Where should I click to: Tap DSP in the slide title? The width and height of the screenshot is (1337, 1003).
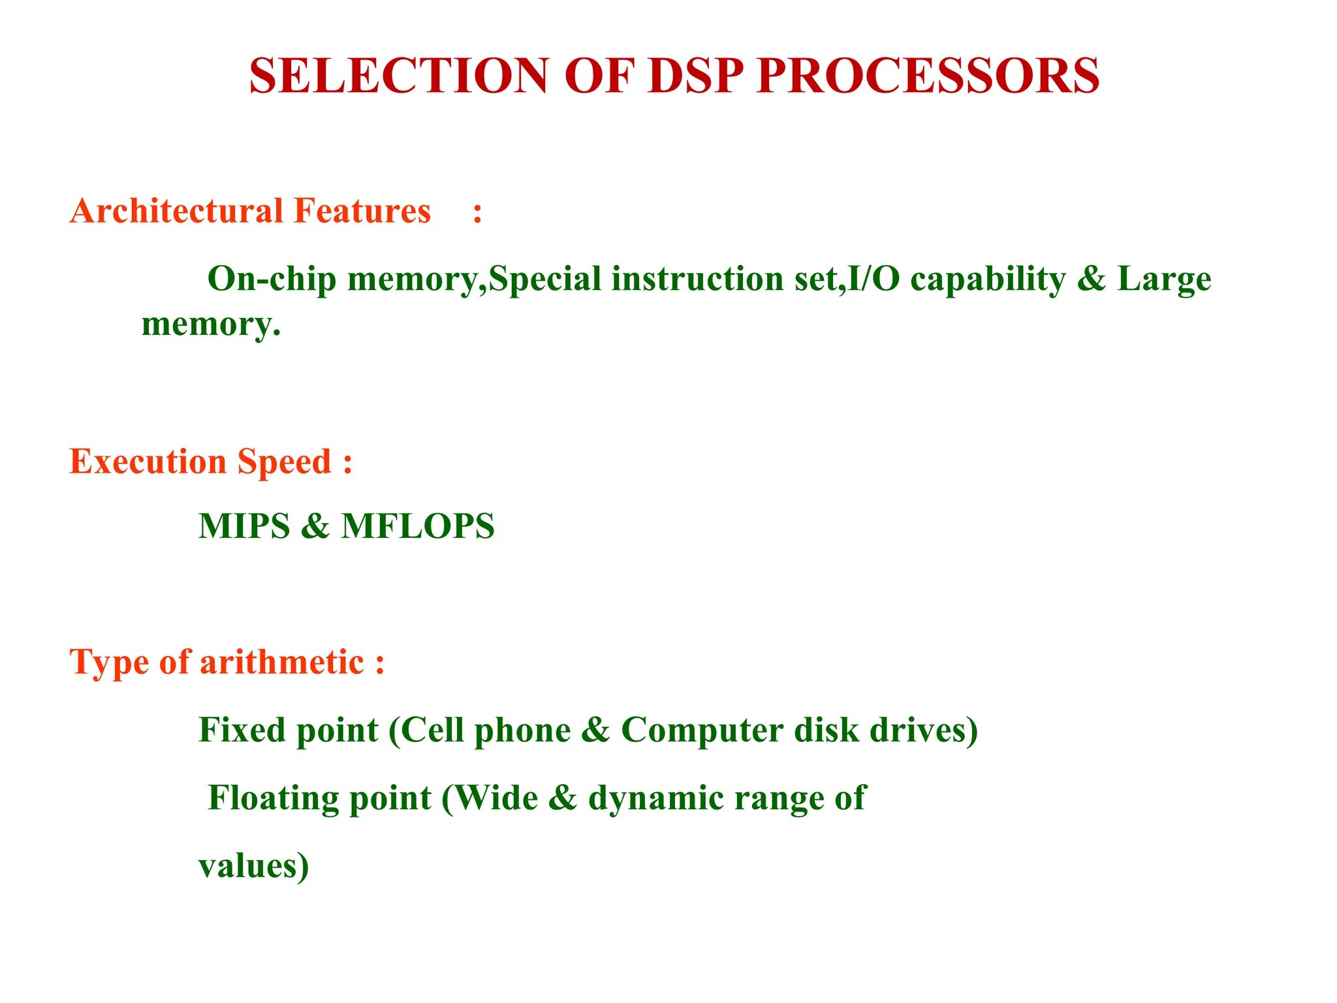pos(695,76)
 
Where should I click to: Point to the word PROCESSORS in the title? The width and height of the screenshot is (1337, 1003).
pos(928,76)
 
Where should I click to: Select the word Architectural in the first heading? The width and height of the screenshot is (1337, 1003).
pos(177,212)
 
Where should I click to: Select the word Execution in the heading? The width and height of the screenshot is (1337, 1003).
pos(148,462)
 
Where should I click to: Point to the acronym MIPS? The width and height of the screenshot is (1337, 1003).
pos(244,526)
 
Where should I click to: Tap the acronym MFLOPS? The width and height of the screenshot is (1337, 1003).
pos(418,526)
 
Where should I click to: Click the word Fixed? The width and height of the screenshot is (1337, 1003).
pos(242,730)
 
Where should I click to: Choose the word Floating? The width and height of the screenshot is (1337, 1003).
pos(274,798)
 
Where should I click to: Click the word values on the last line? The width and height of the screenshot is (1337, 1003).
pos(247,867)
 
